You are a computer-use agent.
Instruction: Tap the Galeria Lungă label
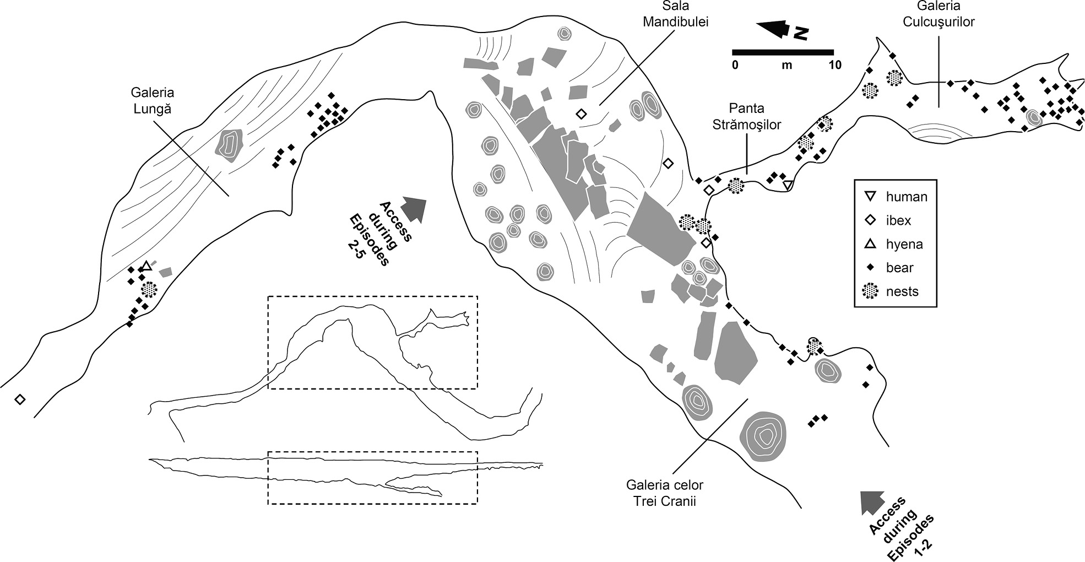pos(153,100)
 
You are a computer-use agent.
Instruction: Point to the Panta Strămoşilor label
pos(746,116)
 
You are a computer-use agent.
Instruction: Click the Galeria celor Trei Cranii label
pos(664,493)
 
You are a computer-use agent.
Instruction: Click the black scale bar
pos(782,52)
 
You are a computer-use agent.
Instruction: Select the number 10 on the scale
pos(835,65)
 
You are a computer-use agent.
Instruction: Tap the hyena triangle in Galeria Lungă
pos(146,267)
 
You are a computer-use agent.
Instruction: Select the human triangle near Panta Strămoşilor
pos(788,185)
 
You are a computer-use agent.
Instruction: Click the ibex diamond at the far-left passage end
pos(20,399)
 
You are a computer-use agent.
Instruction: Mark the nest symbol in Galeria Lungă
pos(149,289)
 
